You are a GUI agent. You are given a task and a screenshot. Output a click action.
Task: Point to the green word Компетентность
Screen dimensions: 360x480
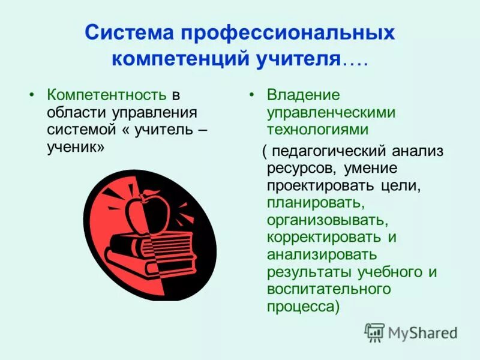(107, 95)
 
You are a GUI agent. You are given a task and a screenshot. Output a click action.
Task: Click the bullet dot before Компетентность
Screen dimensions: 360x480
(32, 95)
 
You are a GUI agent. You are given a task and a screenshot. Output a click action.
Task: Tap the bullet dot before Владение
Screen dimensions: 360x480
(253, 95)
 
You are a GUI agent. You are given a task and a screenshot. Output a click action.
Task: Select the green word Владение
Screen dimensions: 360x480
(304, 95)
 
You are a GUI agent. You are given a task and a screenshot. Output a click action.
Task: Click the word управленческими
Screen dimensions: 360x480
(331, 112)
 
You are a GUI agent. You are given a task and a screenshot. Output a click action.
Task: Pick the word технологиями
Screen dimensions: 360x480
(317, 129)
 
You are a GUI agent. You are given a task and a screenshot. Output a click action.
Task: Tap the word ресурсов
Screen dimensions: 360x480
(298, 168)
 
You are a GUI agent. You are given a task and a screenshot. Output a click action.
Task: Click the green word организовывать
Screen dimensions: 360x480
(323, 220)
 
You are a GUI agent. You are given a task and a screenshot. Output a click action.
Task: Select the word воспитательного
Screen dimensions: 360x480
(329, 289)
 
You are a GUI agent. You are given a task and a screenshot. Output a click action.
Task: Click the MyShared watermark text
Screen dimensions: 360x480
(422, 333)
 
